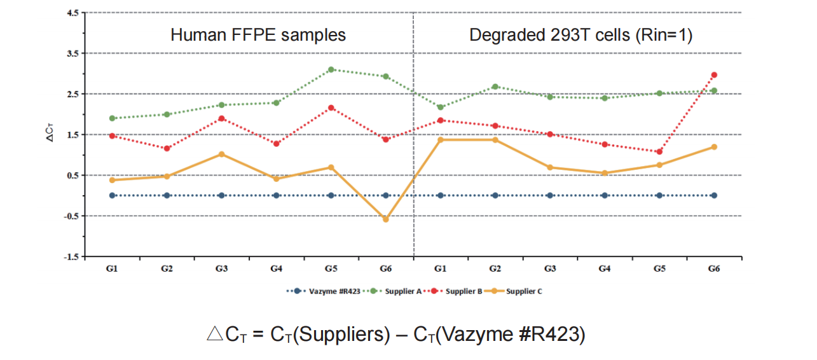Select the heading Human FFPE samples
[258, 34]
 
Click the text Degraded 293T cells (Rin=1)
[580, 34]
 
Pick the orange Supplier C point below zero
[385, 219]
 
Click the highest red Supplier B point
[714, 75]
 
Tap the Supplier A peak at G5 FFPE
[331, 69]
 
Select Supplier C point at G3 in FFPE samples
[221, 154]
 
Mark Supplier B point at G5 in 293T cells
[659, 152]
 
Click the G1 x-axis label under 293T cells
[441, 269]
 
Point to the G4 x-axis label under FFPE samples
[276, 269]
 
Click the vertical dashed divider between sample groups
[413, 159]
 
